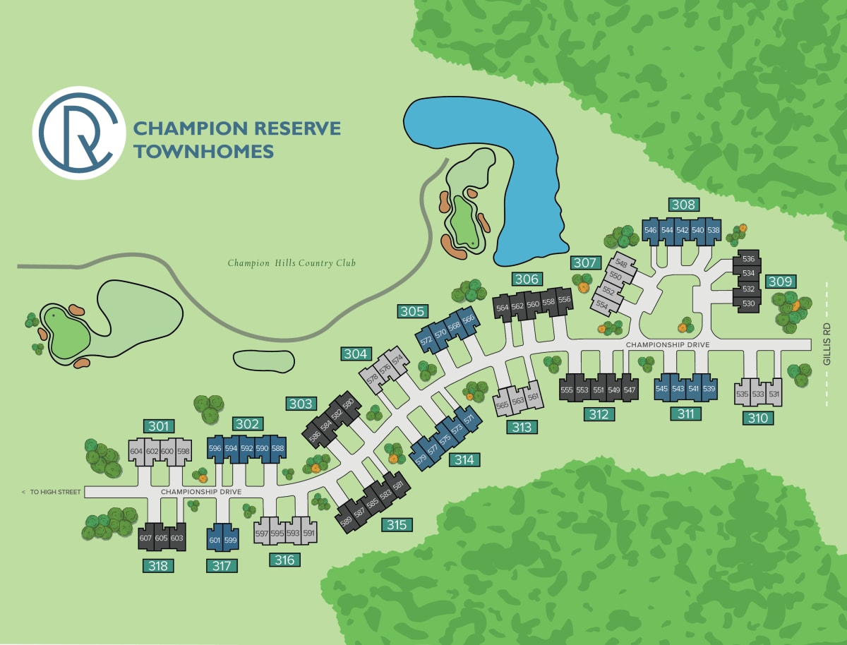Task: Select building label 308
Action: coord(683,205)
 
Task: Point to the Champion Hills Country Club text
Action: coord(292,263)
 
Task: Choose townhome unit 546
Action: coord(651,231)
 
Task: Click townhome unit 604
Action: coord(136,452)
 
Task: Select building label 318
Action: coord(159,565)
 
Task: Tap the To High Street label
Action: coord(52,491)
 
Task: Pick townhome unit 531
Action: coord(775,394)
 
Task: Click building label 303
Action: coord(301,404)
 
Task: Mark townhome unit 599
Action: coord(230,540)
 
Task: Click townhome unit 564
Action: coord(503,308)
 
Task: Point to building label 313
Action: coord(522,426)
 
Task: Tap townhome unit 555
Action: coord(567,390)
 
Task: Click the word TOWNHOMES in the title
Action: coord(203,151)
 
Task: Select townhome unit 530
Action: coord(749,303)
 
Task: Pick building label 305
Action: coord(412,311)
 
